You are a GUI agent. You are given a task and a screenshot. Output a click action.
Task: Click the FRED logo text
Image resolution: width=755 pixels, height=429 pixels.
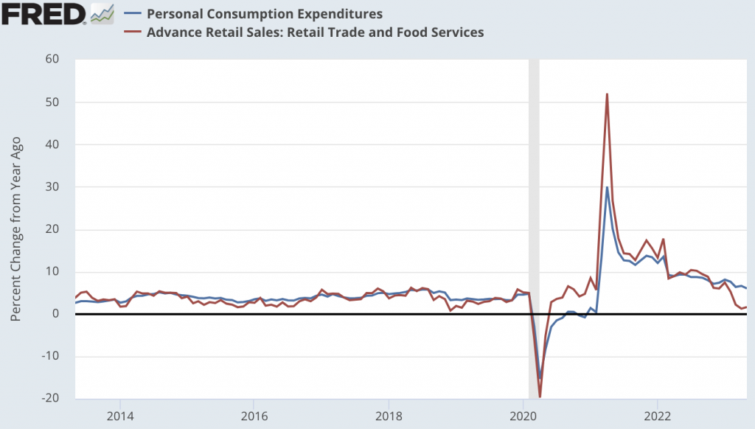pyautogui.click(x=43, y=13)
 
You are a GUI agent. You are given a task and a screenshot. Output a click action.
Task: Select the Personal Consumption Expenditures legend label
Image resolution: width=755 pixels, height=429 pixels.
pyautogui.click(x=265, y=13)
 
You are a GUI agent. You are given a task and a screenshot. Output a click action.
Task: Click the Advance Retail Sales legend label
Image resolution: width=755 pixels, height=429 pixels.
pyautogui.click(x=315, y=32)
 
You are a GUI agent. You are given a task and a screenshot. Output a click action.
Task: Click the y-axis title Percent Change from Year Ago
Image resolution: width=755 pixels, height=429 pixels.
pyautogui.click(x=16, y=229)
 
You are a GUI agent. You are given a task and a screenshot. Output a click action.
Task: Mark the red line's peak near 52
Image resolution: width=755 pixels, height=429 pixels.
pyautogui.click(x=607, y=94)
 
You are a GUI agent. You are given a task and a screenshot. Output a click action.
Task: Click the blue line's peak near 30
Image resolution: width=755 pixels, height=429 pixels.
pyautogui.click(x=607, y=186)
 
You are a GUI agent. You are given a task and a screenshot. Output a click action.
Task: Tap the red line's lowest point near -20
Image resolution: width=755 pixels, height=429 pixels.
pyautogui.click(x=540, y=397)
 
